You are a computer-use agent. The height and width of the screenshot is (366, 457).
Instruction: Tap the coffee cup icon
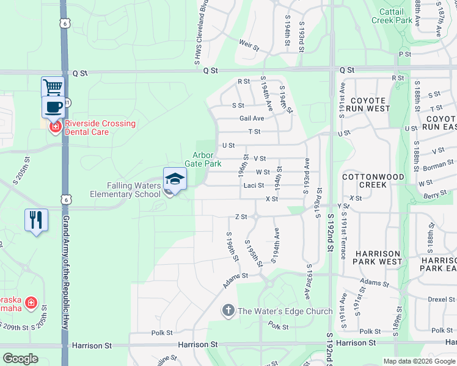pos(53,107)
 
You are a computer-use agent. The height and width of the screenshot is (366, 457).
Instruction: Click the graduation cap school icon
pos(175,178)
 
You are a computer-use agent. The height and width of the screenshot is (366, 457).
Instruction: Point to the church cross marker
pos(228,311)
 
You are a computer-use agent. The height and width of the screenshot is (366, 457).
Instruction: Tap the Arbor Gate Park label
pos(207,159)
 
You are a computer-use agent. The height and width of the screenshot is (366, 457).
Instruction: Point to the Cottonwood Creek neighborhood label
pos(373,180)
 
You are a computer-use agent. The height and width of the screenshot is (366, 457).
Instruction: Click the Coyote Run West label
pos(367,104)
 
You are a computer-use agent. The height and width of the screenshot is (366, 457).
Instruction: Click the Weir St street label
pos(248,45)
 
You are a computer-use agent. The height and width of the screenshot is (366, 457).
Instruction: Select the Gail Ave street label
pos(252,118)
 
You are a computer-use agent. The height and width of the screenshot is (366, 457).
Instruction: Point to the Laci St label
pos(254,185)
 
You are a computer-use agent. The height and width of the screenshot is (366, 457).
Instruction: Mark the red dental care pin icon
pos(55,127)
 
